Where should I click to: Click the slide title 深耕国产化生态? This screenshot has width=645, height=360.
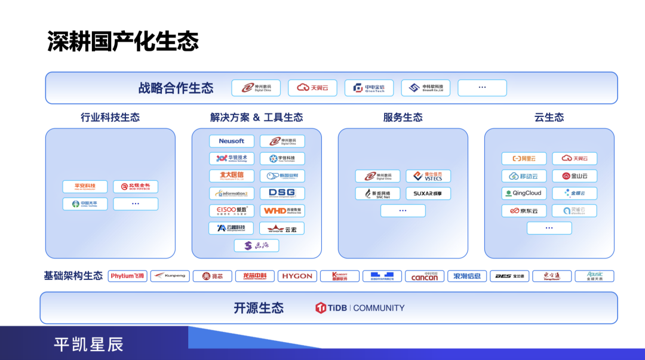coord(123,42)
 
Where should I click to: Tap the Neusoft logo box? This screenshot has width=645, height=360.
coord(232,141)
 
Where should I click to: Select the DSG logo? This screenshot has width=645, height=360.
coord(282,193)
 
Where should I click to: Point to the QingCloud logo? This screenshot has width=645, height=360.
coord(524,193)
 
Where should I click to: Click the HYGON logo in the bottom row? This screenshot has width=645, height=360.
coord(297,276)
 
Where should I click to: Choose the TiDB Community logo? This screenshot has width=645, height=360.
coord(360,308)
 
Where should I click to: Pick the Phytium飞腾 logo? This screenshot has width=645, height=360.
coord(128,276)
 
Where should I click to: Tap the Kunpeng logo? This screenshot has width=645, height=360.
coord(170,276)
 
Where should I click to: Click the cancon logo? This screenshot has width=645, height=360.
coord(425,276)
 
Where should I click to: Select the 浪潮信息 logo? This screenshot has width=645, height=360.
coord(467,276)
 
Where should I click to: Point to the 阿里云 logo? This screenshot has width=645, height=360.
coord(524,159)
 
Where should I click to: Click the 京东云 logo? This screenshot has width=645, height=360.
coord(524,211)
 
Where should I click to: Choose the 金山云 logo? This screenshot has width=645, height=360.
coord(575,176)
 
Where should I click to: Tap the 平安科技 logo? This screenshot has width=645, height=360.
coord(85,187)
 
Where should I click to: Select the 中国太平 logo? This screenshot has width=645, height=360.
coord(85,204)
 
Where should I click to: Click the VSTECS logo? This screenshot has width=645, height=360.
coord(428,176)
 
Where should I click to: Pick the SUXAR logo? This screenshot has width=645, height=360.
coord(428,193)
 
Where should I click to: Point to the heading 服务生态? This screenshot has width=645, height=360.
coord(403,118)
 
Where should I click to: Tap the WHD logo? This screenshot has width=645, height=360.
coord(282,211)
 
